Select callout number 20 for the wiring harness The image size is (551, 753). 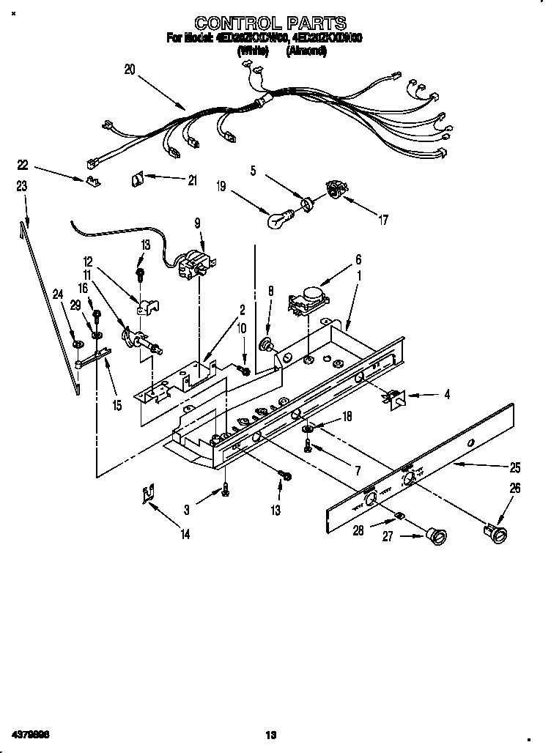click(130, 70)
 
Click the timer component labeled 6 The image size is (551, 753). click(308, 297)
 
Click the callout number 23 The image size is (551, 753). click(21, 187)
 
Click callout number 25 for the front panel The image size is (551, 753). click(514, 467)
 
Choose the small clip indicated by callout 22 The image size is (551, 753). click(92, 179)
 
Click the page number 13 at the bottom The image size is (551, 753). click(270, 734)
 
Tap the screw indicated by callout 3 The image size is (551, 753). click(226, 490)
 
